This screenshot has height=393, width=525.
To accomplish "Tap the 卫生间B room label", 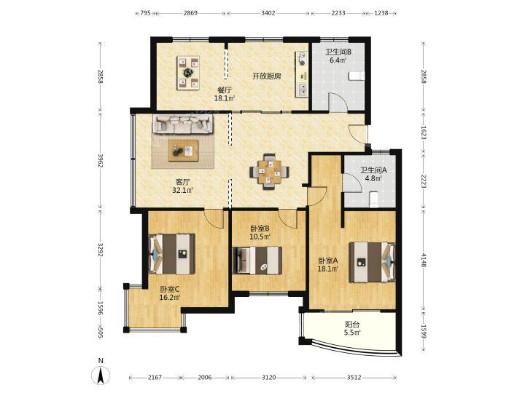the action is tap(338, 52).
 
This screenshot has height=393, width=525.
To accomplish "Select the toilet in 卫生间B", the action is tap(356, 76).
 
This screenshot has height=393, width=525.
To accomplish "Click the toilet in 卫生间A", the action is tap(374, 199).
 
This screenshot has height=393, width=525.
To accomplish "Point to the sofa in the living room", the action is tap(182, 123).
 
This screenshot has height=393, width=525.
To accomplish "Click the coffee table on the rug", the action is tap(183, 151).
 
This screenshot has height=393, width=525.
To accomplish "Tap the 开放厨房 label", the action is tap(267, 76).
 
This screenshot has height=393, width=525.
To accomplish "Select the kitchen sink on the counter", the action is tap(303, 89).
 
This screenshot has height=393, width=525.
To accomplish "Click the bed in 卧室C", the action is tap(171, 254).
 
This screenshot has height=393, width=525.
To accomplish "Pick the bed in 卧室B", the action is tap(257, 260).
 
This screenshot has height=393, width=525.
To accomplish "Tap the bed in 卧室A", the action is tap(372, 262).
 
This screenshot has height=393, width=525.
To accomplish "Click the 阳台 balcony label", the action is tap(352, 324).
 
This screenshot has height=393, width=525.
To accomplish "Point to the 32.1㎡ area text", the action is tap(183, 190).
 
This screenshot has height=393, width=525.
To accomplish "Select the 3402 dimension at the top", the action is tap(268, 13).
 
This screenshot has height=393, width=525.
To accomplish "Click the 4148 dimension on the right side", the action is tap(424, 260).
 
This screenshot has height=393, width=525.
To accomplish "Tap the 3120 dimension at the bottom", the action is tap(268, 377).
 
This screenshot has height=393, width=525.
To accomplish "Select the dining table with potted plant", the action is tap(188, 73).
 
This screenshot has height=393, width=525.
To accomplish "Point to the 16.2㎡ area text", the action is tap(170, 297).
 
